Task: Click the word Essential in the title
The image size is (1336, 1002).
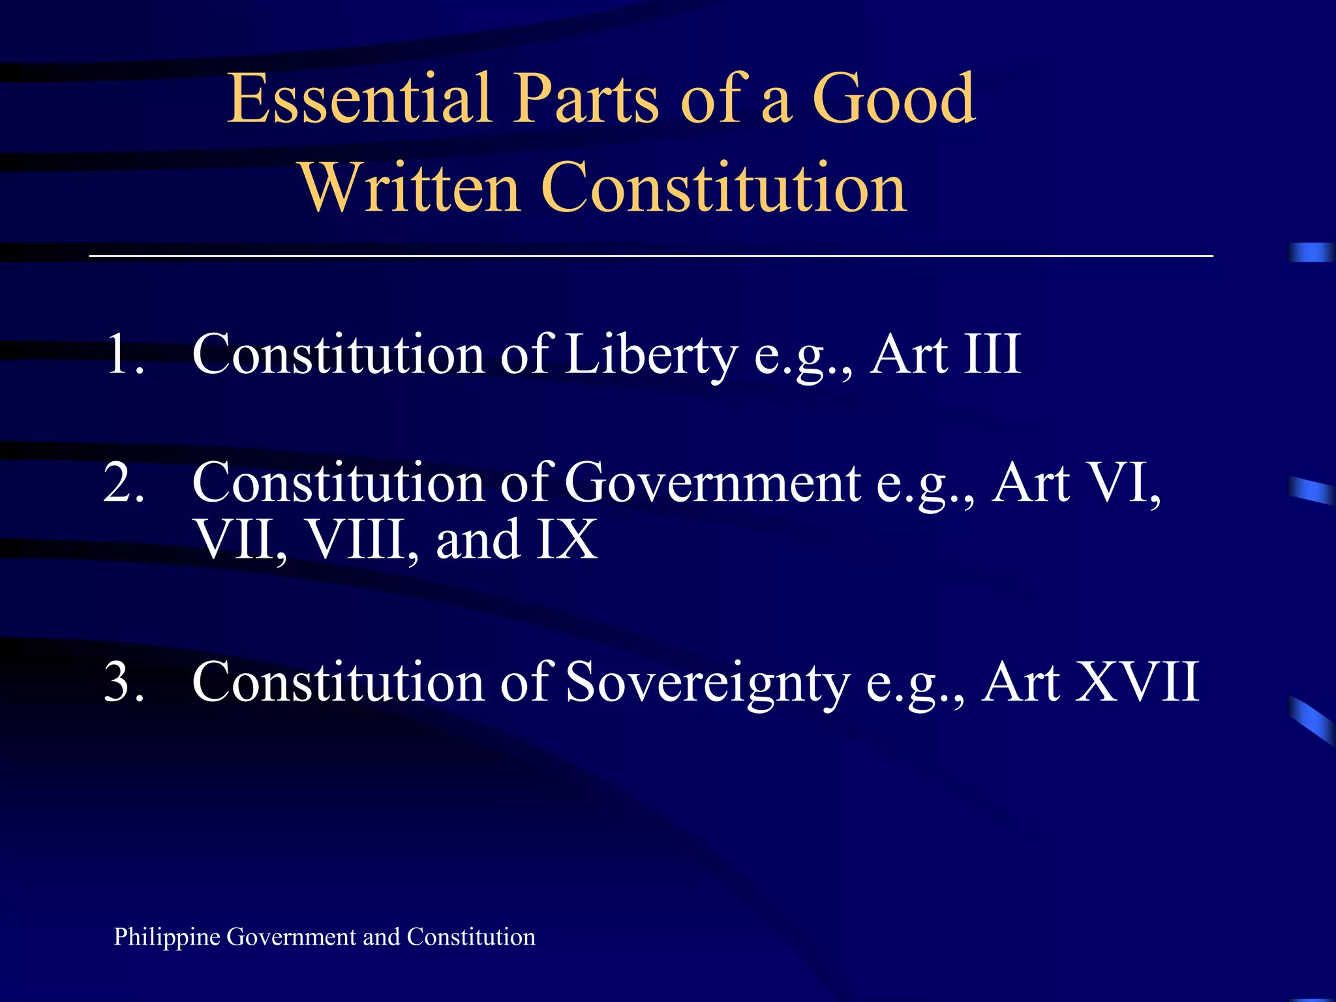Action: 359,99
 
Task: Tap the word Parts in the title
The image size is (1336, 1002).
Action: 586,99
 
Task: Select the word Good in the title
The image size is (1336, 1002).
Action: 894,99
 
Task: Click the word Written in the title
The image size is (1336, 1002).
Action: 410,188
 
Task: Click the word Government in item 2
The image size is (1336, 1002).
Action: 712,483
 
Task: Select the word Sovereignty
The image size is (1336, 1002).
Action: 708,682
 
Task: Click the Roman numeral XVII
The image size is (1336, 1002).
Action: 1138,682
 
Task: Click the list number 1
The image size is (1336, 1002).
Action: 124,355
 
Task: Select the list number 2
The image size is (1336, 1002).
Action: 124,483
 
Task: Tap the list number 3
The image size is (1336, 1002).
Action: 124,682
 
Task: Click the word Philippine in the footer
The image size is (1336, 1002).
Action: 167,937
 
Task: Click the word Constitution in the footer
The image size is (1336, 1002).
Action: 471,937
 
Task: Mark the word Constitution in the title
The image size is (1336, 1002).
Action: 724,188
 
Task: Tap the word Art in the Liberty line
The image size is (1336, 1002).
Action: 909,355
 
